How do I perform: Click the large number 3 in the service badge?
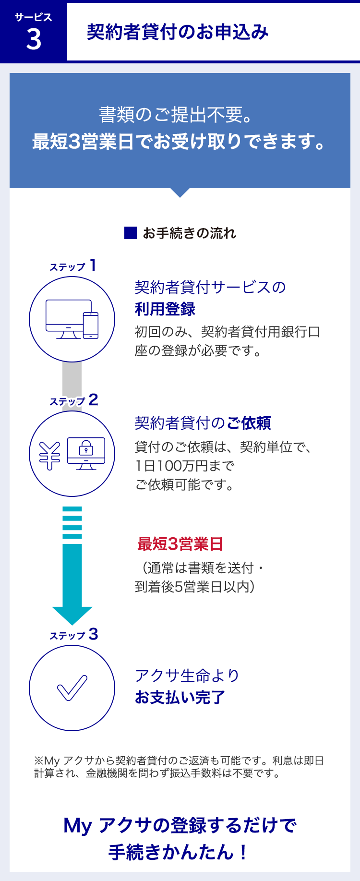point(34,39)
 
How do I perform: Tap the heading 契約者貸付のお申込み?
point(178,32)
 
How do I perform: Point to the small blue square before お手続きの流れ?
point(131,233)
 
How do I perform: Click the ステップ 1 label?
point(73,266)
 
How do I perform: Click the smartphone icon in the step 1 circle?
point(91,325)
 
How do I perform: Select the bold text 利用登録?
point(165,309)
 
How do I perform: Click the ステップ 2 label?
point(74,400)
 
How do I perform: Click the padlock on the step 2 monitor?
point(86,448)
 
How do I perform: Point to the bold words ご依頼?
point(249,423)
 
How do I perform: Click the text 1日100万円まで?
point(185,466)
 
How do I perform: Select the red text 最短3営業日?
point(180,544)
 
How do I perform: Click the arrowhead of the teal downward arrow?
point(72,615)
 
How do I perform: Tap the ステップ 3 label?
point(74,635)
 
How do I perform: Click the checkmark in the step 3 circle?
point(72,688)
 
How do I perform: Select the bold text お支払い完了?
point(180,697)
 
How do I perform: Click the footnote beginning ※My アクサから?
point(179,767)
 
